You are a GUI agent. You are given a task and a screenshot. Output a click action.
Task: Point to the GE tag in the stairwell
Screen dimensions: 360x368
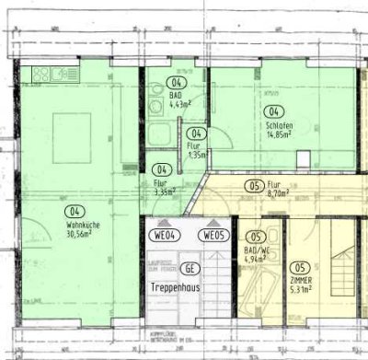pyautogui.click(x=190, y=269)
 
